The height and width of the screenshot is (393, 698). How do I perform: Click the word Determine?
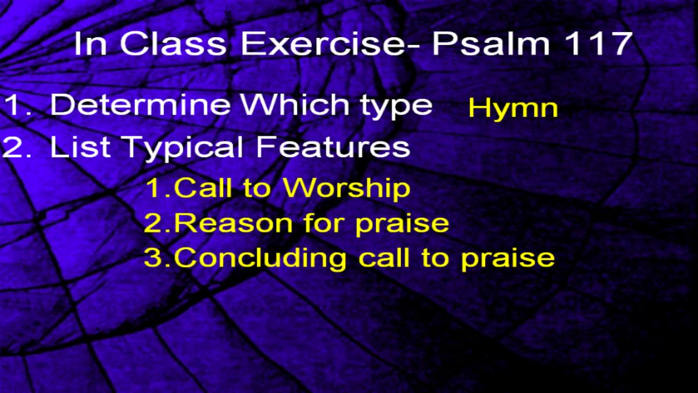[x=141, y=104]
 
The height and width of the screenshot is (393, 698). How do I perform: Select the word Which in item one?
[x=295, y=104]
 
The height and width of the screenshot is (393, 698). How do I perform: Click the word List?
[x=80, y=146]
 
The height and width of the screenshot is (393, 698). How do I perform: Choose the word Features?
[x=333, y=146]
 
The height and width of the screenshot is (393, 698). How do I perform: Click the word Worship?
[x=347, y=189]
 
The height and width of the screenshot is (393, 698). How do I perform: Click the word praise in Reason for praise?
[x=403, y=225]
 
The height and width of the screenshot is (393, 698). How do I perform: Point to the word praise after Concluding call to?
[x=508, y=260]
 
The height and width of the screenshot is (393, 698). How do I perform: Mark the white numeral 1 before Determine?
[x=14, y=105]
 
